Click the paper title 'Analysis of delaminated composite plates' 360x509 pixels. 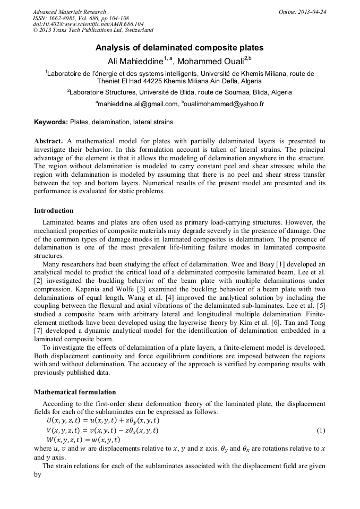(179, 48)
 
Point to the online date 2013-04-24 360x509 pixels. (311, 12)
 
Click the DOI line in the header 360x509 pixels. (81, 24)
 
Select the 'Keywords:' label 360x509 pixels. (51, 122)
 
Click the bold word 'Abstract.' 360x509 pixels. (49, 141)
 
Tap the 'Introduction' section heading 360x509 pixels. (54, 211)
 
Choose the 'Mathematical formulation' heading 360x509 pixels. (75, 392)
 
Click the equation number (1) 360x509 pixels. (321, 430)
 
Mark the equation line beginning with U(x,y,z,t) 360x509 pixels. (102, 420)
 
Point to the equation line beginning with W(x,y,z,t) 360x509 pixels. (83, 440)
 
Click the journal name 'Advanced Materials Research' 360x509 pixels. (69, 12)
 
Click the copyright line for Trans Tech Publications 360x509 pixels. (93, 31)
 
